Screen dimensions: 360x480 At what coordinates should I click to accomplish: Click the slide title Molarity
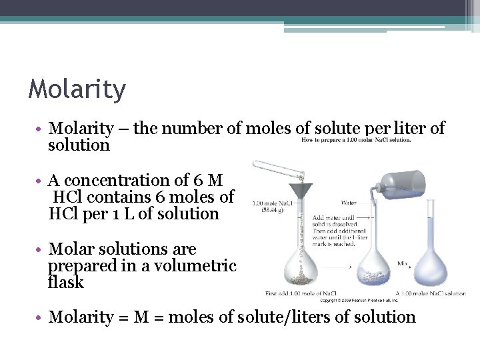[x=77, y=89]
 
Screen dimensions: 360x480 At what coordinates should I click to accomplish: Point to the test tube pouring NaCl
[x=279, y=171]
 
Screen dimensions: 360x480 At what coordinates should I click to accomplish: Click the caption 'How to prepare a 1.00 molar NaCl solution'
[x=356, y=140]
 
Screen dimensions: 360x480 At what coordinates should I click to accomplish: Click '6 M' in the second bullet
[x=206, y=180]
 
